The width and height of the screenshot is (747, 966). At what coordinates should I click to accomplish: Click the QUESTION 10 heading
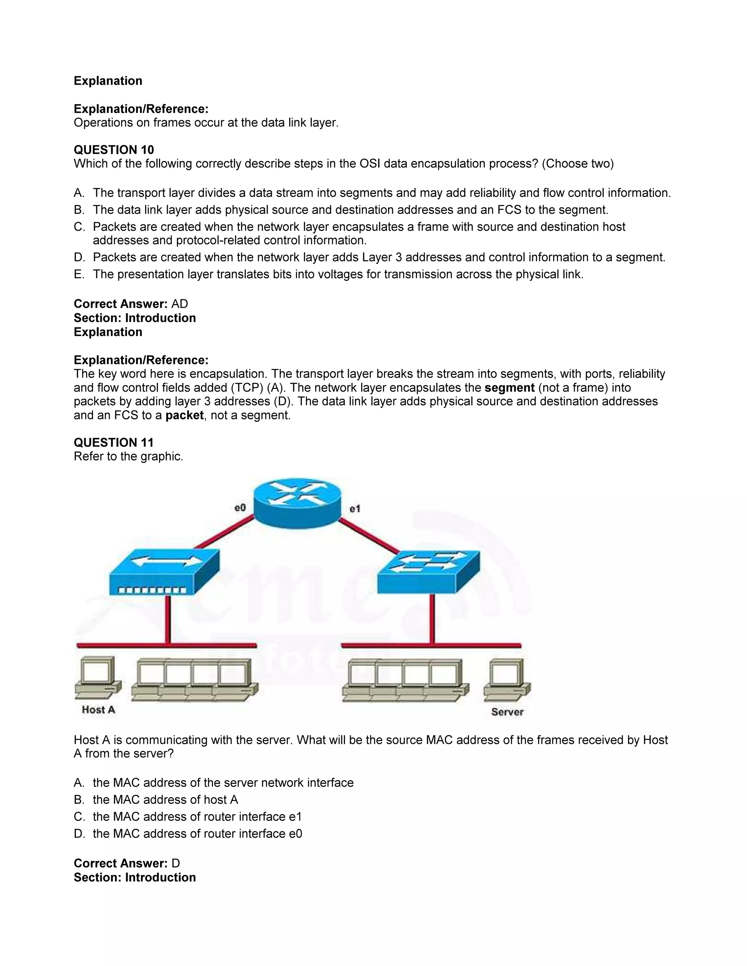click(114, 149)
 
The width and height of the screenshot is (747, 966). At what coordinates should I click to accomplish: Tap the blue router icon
click(297, 503)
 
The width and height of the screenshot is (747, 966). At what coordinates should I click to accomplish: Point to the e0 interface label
click(240, 508)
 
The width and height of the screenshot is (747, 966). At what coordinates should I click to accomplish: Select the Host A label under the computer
click(98, 710)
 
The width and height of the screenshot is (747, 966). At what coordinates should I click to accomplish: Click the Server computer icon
click(507, 680)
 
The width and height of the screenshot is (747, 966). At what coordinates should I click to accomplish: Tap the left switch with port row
click(164, 572)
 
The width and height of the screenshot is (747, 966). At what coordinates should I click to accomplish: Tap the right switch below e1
click(428, 572)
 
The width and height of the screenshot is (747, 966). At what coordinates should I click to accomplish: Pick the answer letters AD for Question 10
click(180, 304)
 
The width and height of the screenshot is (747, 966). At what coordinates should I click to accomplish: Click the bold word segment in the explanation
click(509, 387)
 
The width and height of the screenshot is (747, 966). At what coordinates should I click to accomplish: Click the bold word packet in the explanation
click(184, 415)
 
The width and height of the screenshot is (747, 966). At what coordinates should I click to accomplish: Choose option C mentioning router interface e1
click(197, 817)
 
